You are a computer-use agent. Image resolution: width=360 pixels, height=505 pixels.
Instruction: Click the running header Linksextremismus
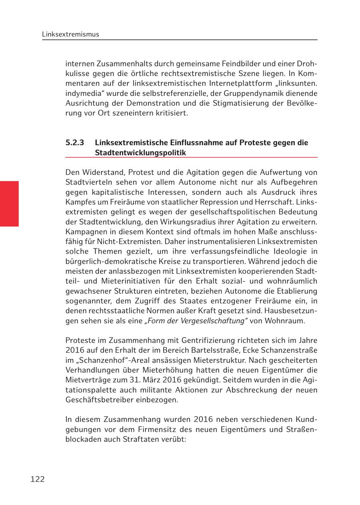[x=70, y=34]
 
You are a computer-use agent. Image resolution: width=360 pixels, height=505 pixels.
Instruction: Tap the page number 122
[x=38, y=479]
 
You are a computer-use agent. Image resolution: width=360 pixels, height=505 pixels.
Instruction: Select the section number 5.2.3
[x=75, y=143]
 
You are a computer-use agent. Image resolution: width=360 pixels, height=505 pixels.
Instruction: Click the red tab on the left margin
[x=9, y=204]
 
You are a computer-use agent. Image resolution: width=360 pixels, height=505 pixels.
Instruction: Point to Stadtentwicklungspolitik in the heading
[x=140, y=152]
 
